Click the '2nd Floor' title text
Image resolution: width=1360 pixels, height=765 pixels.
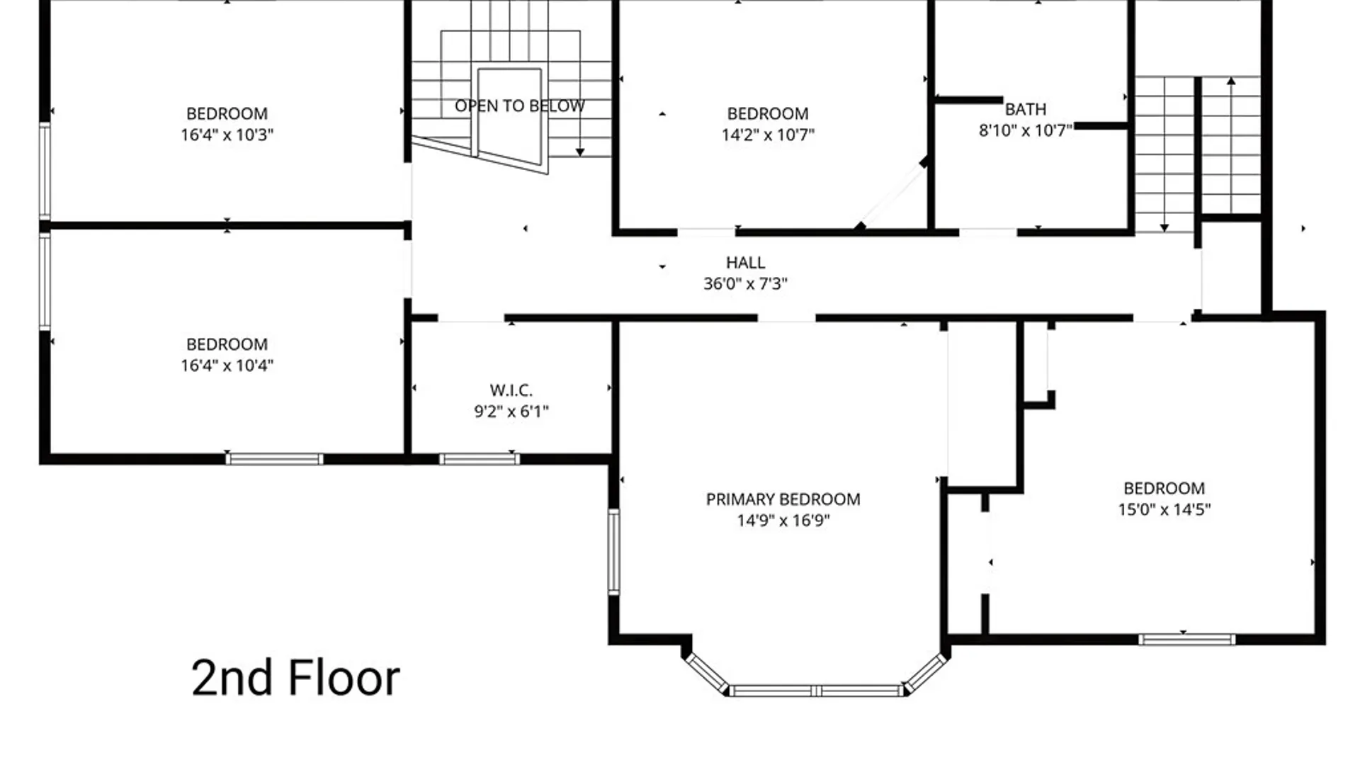[295, 678]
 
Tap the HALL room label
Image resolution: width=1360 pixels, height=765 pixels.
[745, 263]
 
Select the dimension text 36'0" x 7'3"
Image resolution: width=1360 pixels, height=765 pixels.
[745, 283]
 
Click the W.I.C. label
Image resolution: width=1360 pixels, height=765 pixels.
[511, 390]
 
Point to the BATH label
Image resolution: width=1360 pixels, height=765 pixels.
[1025, 110]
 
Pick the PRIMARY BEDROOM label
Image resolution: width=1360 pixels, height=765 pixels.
[783, 499]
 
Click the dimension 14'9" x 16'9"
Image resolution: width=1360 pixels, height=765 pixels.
[783, 521]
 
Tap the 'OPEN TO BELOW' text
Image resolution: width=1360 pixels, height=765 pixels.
[520, 106]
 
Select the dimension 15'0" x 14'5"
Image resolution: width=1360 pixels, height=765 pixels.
[1164, 509]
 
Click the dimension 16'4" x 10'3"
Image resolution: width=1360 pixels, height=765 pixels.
[227, 135]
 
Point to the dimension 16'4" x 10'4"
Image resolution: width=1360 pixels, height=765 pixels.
[227, 365]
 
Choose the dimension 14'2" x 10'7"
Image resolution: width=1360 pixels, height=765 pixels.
[768, 135]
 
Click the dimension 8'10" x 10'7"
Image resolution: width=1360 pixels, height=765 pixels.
[1025, 130]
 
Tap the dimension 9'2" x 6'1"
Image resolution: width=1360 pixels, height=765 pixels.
[511, 412]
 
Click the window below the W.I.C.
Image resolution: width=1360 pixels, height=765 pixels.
[480, 460]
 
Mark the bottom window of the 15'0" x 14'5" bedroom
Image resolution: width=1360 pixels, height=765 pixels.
[1187, 640]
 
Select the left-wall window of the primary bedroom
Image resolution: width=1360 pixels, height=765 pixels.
[613, 551]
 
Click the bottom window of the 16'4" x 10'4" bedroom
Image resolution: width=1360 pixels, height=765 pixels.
[274, 460]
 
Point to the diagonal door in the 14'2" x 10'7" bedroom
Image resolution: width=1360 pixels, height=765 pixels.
[892, 193]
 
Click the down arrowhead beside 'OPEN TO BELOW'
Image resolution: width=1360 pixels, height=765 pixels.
[580, 152]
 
